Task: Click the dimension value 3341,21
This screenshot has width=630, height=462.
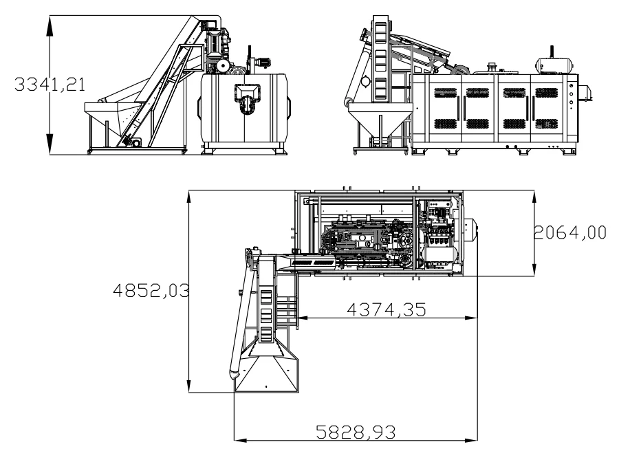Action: [x=50, y=85]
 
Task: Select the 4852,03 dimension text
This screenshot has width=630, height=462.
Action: [x=151, y=290]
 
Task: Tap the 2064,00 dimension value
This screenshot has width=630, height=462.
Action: [x=569, y=232]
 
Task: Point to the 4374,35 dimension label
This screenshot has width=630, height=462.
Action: [x=386, y=310]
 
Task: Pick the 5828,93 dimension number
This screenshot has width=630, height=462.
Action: [x=356, y=432]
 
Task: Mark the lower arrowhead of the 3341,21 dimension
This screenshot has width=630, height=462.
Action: [x=50, y=144]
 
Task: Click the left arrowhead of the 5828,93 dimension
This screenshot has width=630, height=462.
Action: [x=240, y=441]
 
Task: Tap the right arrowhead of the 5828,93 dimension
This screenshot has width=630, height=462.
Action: [x=471, y=441]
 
